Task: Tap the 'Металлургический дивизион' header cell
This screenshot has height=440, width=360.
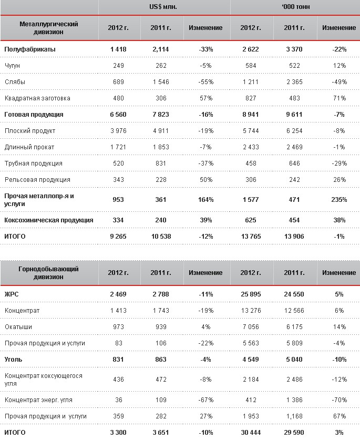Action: [x=48, y=28]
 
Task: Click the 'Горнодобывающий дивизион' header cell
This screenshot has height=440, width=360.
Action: [x=48, y=272]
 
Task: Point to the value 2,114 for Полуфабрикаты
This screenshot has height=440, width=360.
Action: [x=161, y=49]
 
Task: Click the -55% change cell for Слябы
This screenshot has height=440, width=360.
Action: [x=205, y=82]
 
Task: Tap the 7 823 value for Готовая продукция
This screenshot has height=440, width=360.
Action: [x=161, y=114]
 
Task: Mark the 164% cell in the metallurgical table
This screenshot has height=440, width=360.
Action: [x=205, y=200]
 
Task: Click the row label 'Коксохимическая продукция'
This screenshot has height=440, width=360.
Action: [x=48, y=220]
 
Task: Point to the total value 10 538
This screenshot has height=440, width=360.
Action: [x=161, y=237]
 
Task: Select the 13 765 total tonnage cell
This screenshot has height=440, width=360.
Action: [x=251, y=237]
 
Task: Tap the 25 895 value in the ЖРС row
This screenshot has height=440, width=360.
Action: [x=251, y=294]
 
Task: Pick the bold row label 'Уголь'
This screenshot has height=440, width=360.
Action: [x=14, y=360]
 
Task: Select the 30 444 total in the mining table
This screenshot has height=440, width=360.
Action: [x=251, y=433]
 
